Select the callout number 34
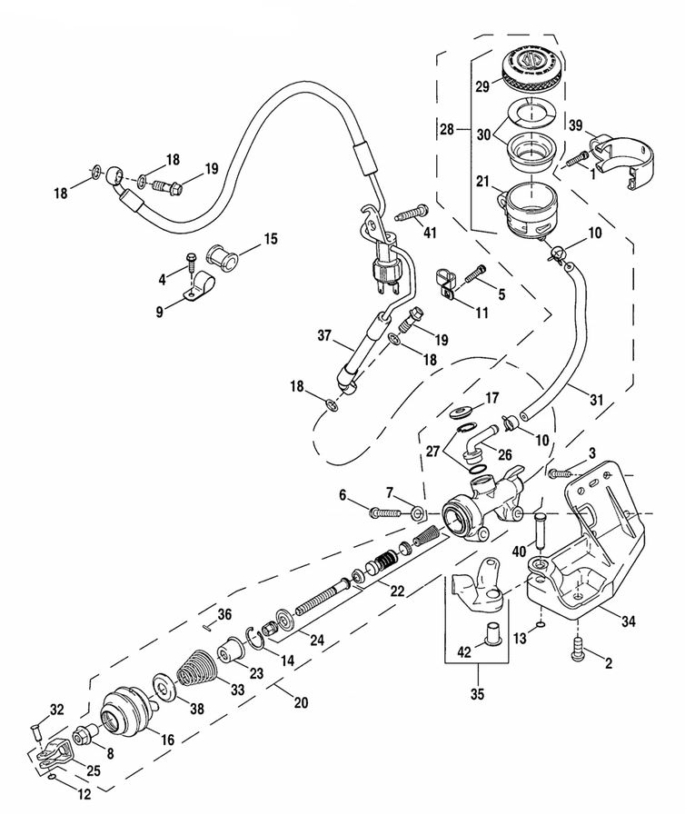click(x=628, y=621)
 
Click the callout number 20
click(x=301, y=702)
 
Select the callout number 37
click(x=324, y=336)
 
